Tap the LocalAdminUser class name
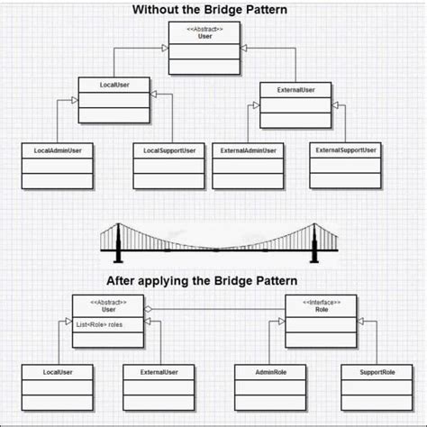pos(57,150)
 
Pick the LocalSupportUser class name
pos(169,150)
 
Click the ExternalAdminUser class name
pos(249,150)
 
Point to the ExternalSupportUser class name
pos(346,150)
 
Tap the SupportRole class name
pos(376,371)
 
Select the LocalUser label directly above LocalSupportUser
pos(114,84)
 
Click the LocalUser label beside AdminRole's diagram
pos(57,371)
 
